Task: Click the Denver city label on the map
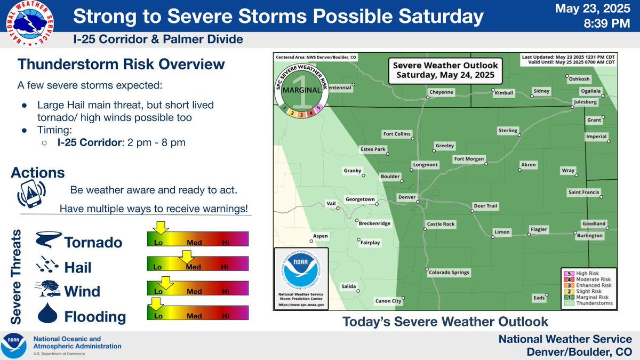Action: (406, 197)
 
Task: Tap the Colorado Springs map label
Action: (449, 273)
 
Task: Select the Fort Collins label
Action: (397, 134)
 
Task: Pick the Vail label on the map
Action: (331, 203)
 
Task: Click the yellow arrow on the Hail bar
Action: (186, 258)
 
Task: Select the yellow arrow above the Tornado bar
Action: (162, 228)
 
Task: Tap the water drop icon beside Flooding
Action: (47, 314)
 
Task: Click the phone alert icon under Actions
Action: (31, 193)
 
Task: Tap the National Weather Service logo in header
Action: (30, 23)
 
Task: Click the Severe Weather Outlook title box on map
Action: (445, 70)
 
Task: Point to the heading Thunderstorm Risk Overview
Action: (121, 65)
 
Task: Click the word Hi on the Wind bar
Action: (226, 292)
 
